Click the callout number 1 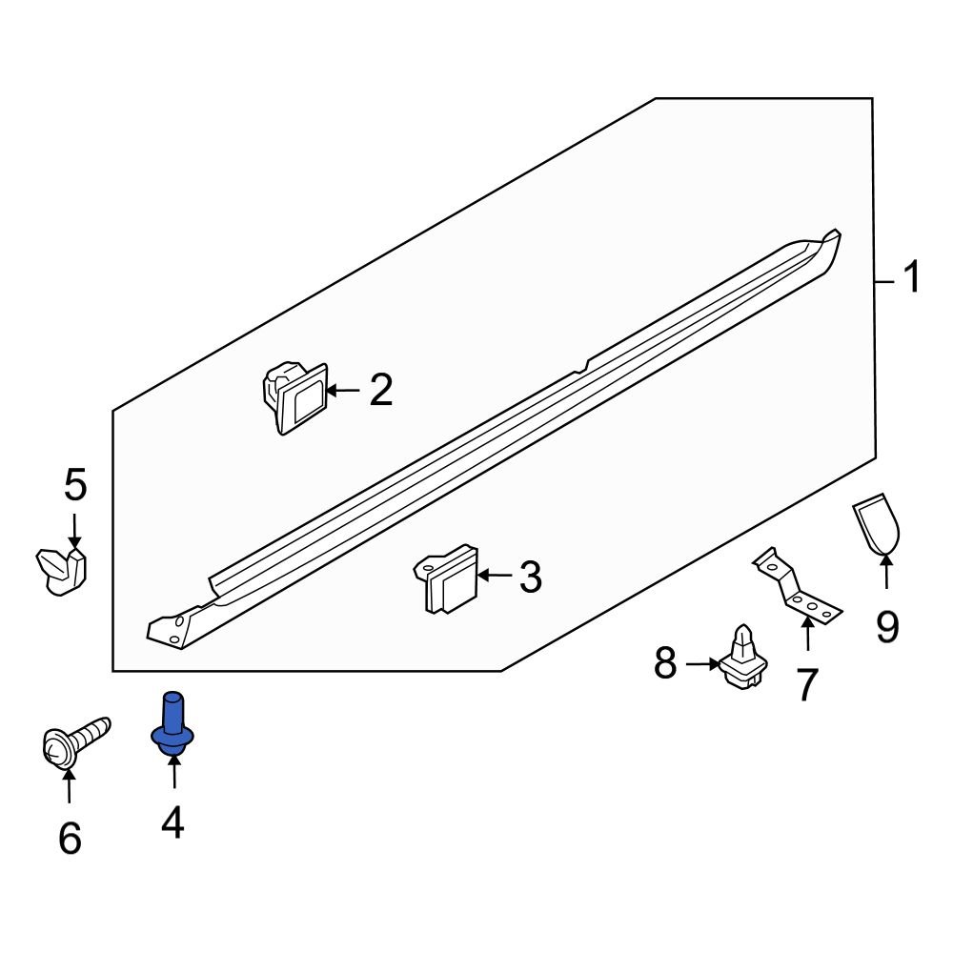(x=912, y=279)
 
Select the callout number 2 (x=381, y=391)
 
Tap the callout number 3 (x=530, y=577)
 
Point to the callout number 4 (x=172, y=822)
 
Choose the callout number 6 (x=70, y=838)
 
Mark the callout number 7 (x=807, y=684)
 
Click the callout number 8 (x=665, y=663)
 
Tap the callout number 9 (x=887, y=627)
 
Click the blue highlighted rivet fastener (x=173, y=726)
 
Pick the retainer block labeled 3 (x=445, y=578)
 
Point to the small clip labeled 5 (x=62, y=570)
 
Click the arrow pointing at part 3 (x=495, y=576)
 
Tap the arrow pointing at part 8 (x=703, y=664)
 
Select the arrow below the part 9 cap (x=886, y=575)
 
